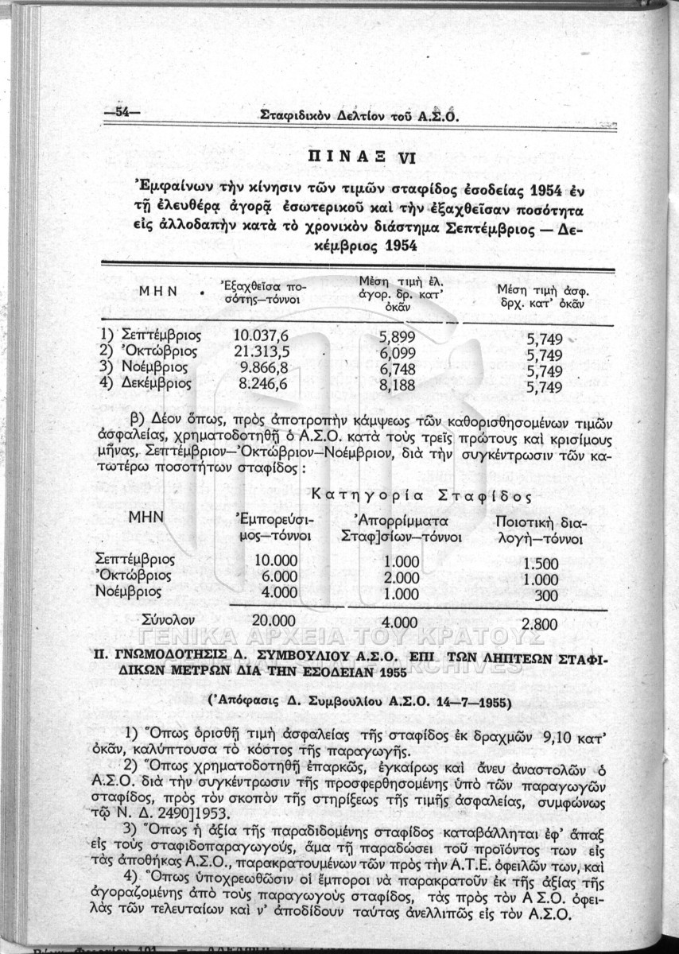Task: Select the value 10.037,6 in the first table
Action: click(260, 335)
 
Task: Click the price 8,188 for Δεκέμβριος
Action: click(398, 386)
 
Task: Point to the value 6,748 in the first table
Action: click(398, 370)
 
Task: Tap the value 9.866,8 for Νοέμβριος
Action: click(263, 367)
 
